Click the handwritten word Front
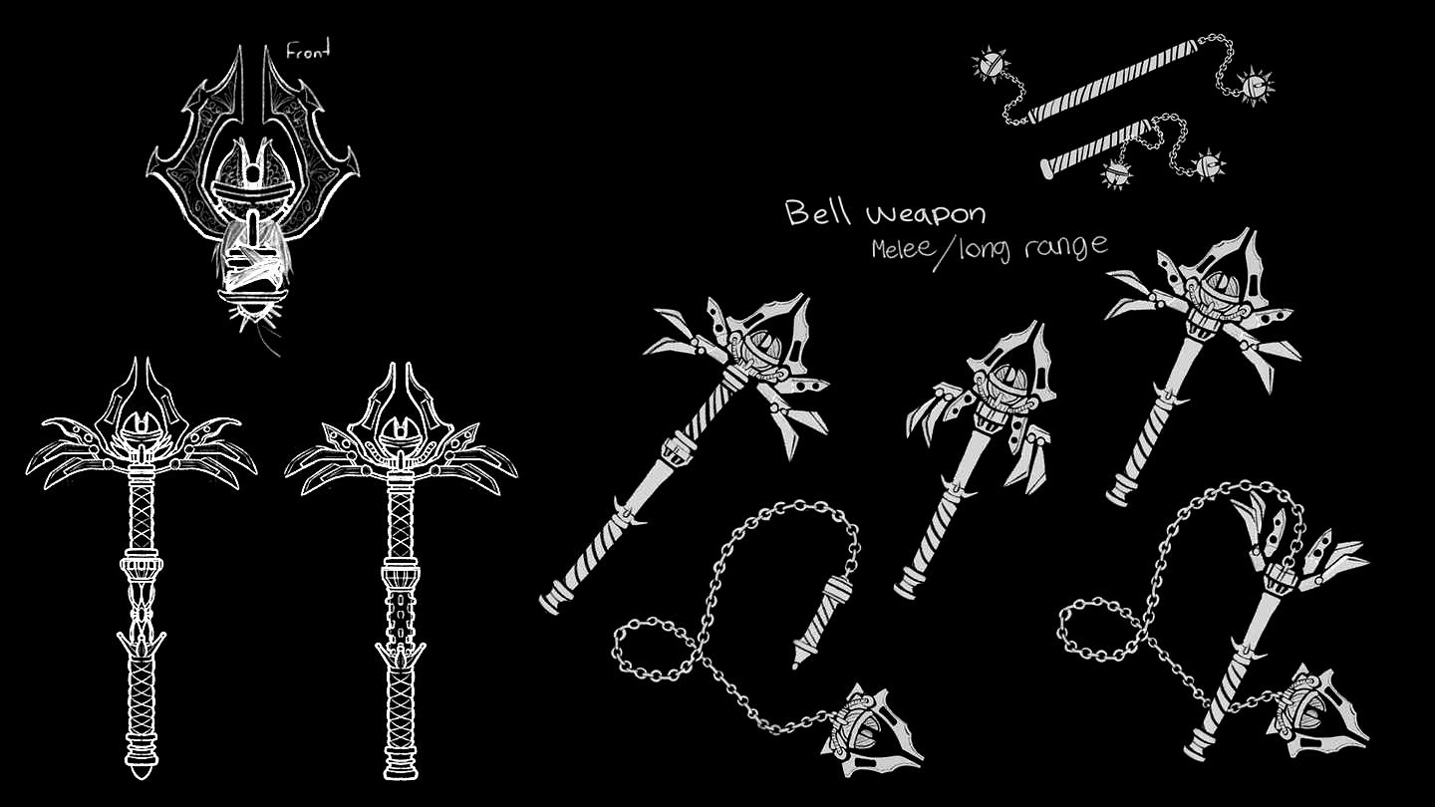click(308, 51)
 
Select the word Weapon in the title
click(927, 215)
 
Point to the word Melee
click(901, 248)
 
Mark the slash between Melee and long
click(945, 255)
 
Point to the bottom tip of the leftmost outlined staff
click(142, 778)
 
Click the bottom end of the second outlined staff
click(401, 777)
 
